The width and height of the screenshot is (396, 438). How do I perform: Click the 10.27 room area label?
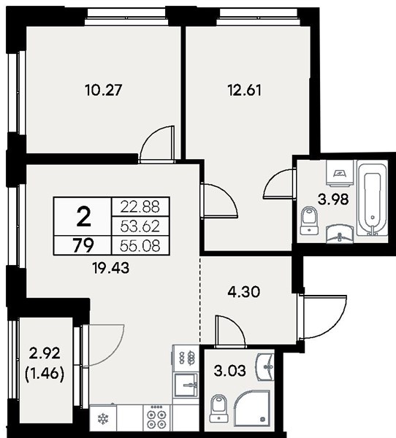tap(104, 91)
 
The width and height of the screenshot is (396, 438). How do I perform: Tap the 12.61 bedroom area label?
tap(245, 91)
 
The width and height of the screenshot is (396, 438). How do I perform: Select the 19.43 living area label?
tap(111, 268)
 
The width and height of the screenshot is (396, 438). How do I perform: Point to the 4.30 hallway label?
tap(244, 292)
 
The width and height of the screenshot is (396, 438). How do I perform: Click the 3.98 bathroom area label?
tap(333, 199)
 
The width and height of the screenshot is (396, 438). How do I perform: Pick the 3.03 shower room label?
tap(230, 371)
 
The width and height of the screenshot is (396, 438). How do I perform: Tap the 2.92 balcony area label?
tap(45, 354)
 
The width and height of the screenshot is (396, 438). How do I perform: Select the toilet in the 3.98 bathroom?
tap(310, 220)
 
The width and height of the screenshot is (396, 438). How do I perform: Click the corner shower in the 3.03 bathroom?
tap(252, 408)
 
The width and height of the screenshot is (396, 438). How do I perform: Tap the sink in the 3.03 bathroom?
tap(265, 366)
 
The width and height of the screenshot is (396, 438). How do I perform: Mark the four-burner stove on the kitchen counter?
tap(157, 418)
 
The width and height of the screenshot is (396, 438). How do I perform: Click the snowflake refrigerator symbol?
tap(102, 419)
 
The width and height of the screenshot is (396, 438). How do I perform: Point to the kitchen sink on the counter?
tap(186, 385)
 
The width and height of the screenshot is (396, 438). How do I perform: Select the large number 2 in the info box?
tap(83, 218)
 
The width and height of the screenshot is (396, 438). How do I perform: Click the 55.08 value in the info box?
tap(140, 245)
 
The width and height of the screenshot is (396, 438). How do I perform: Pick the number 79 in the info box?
tap(83, 246)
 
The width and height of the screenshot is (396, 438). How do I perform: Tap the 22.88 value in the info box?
tap(140, 207)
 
